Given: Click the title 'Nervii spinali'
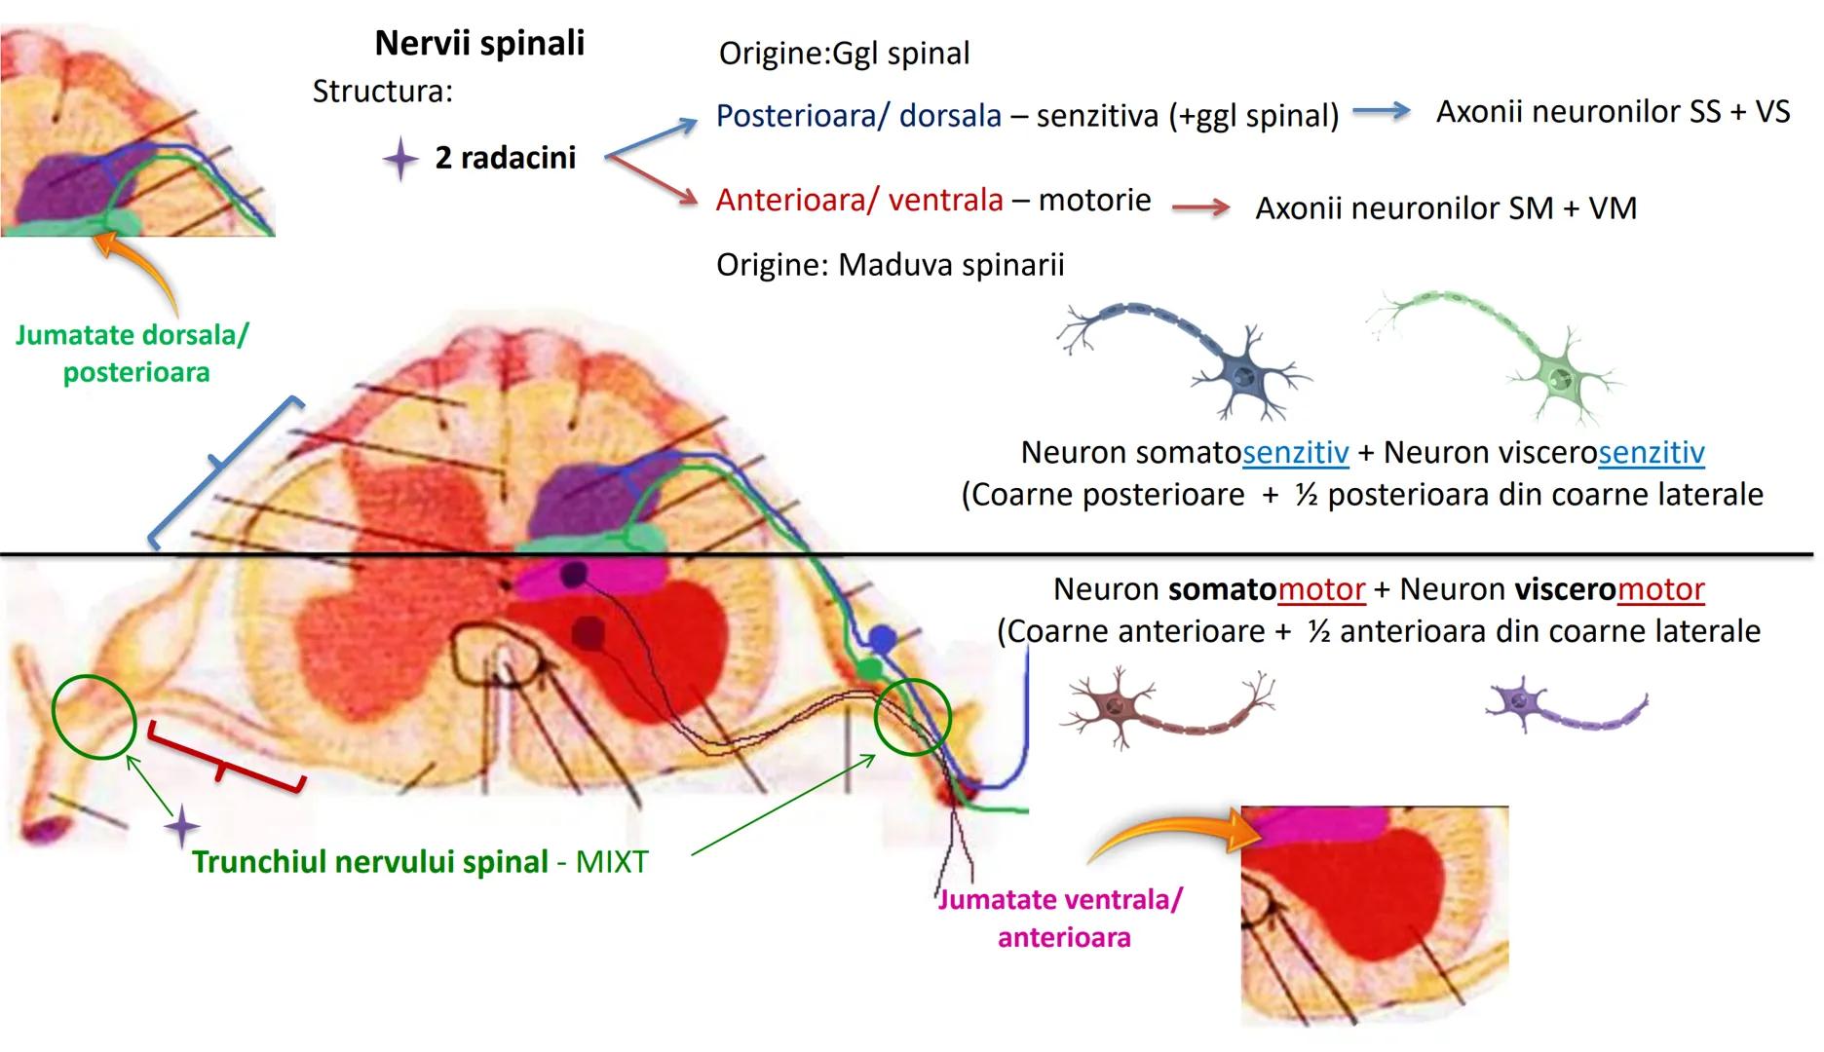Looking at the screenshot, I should pyautogui.click(x=479, y=43).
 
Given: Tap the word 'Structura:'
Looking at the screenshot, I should pyautogui.click(x=382, y=92).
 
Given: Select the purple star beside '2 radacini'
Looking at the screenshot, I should pyautogui.click(x=399, y=158).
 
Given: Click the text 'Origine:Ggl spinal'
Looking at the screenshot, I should pyautogui.click(x=844, y=53).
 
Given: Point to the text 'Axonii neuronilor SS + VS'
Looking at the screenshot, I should pyautogui.click(x=1613, y=112).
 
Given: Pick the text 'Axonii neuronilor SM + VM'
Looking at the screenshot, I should pyautogui.click(x=1445, y=207).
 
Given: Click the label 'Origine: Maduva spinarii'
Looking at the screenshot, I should pyautogui.click(x=890, y=265).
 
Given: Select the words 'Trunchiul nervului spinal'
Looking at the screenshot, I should pyautogui.click(x=370, y=862).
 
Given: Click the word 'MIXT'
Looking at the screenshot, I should pyautogui.click(x=611, y=862).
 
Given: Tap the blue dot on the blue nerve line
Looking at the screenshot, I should pyautogui.click(x=881, y=639).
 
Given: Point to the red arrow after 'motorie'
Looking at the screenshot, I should pyautogui.click(x=1200, y=207).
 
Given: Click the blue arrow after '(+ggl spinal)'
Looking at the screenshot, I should pyautogui.click(x=1381, y=111).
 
